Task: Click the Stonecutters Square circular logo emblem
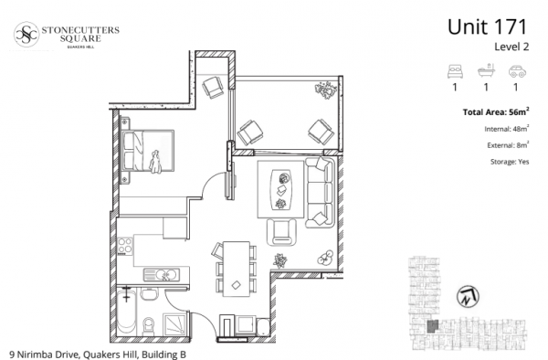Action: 26,34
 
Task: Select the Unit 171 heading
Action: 487,26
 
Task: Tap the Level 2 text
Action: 511,47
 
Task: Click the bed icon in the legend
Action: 455,71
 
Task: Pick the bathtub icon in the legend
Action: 486,70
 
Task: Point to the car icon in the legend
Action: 517,71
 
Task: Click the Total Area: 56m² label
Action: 496,111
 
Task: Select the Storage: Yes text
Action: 510,162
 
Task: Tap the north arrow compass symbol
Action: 468,296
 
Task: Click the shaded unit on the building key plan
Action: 433,326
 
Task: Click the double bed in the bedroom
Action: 147,151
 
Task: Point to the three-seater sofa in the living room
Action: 319,192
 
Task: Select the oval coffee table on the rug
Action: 280,190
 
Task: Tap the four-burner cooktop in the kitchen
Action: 125,246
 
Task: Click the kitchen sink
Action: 162,275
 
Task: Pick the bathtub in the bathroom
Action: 126,311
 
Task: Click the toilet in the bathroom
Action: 149,326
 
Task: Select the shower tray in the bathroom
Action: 175,324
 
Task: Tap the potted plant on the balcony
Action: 326,90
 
